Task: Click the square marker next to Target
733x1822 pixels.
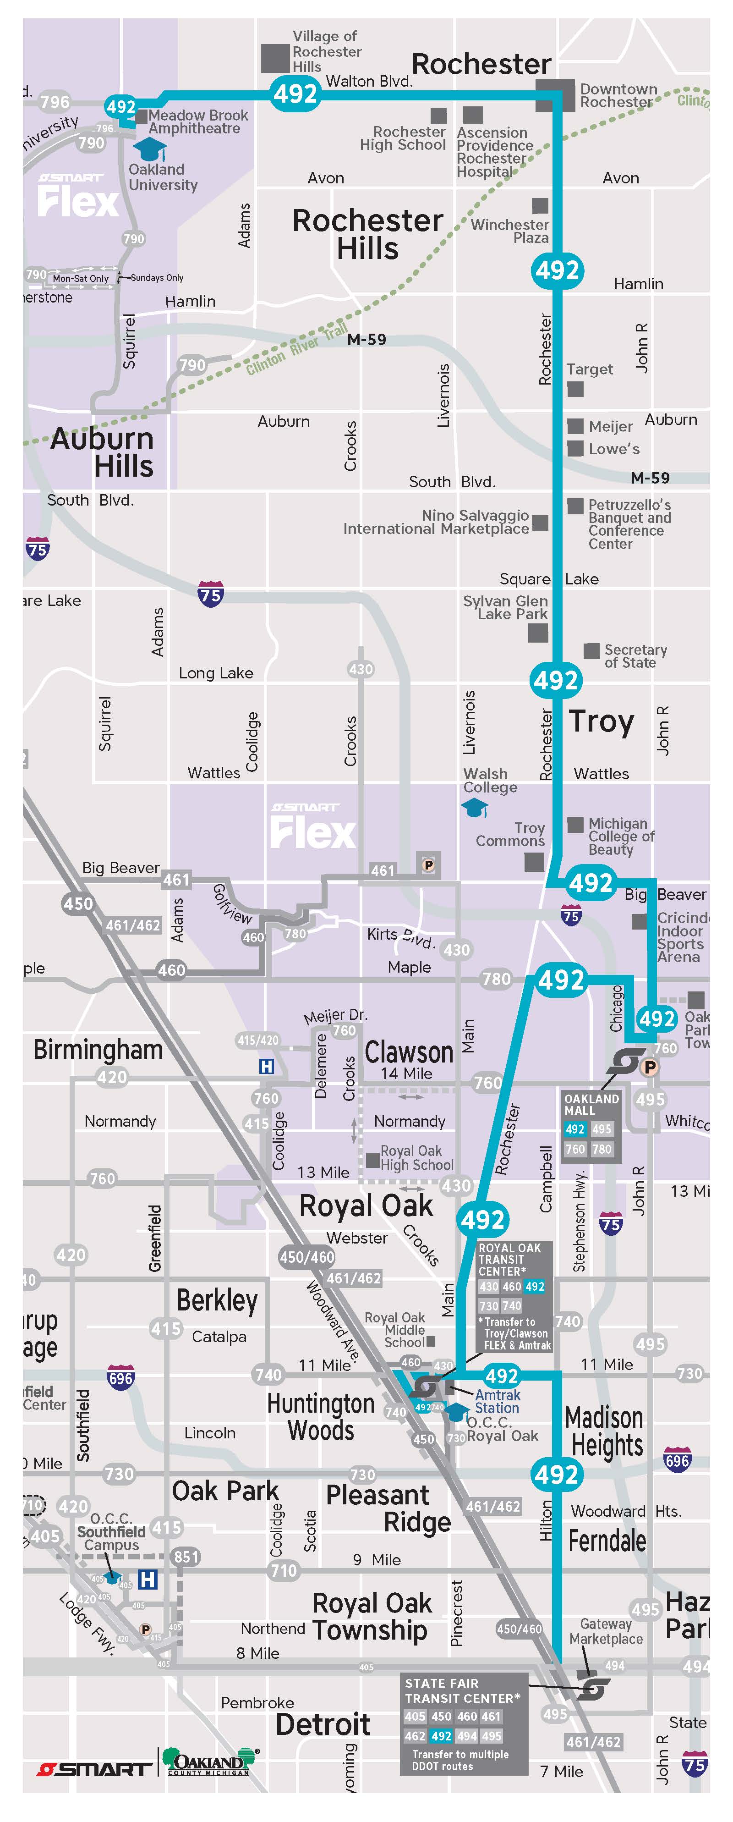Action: (575, 389)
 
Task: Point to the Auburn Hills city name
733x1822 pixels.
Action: (103, 453)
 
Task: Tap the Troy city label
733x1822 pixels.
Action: (602, 721)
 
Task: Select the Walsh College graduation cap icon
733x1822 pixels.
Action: (474, 808)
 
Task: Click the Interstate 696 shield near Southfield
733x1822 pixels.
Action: (120, 1378)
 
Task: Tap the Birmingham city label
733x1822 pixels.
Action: (98, 1050)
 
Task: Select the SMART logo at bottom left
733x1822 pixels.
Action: (94, 1769)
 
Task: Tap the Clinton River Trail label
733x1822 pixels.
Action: (297, 350)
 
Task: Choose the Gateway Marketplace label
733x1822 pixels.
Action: (606, 1631)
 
